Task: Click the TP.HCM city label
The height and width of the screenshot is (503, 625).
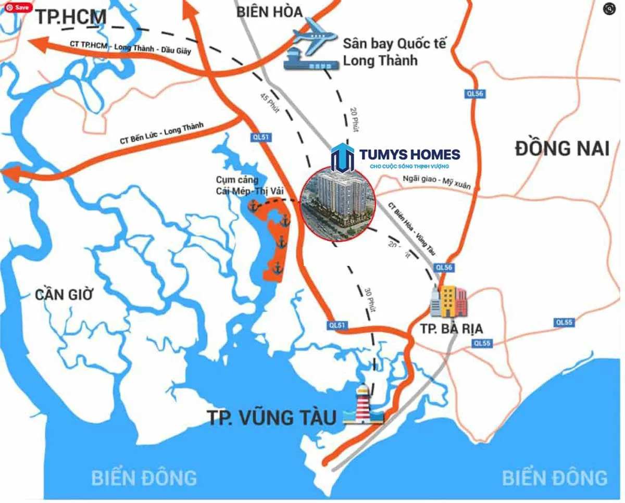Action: tap(71, 17)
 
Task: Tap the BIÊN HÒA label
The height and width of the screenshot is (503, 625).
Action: tap(269, 11)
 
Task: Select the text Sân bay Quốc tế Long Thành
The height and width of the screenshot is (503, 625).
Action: tap(394, 52)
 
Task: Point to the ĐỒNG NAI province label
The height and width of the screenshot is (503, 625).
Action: tap(562, 149)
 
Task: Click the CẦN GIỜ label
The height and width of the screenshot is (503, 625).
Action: tap(64, 294)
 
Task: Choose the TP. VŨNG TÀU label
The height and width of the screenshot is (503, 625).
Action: tap(272, 417)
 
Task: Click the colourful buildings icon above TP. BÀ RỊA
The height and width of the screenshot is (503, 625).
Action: tap(448, 301)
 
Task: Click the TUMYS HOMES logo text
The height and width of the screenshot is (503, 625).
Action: tap(409, 155)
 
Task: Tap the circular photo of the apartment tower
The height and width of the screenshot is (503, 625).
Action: tap(339, 204)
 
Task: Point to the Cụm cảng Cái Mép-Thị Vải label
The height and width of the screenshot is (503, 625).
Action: tap(249, 185)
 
